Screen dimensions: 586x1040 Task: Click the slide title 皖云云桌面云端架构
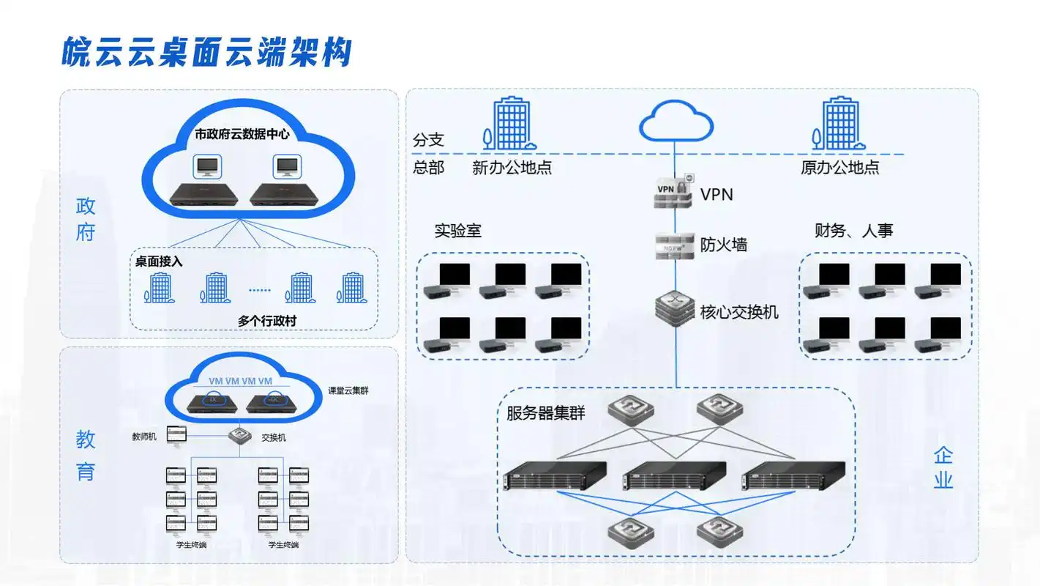(x=207, y=53)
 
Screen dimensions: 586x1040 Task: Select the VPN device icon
(x=672, y=193)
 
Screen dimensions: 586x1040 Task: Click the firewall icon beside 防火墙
(x=674, y=245)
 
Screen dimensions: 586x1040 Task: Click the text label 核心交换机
(x=738, y=313)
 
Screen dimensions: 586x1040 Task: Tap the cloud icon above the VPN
(x=676, y=121)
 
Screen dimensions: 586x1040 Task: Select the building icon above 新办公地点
(x=509, y=125)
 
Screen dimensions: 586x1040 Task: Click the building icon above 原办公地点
(x=839, y=125)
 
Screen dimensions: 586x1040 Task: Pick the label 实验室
(x=457, y=231)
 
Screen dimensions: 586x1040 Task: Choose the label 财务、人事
(x=853, y=231)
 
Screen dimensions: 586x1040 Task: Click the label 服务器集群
(x=545, y=413)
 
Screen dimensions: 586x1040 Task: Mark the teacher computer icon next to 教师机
(x=176, y=435)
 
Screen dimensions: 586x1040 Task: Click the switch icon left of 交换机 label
(x=238, y=436)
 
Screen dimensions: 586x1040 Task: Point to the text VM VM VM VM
(x=240, y=381)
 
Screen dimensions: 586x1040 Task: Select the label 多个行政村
(x=267, y=321)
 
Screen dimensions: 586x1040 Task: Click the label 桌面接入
(x=159, y=262)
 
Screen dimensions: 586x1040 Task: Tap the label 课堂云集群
(x=348, y=390)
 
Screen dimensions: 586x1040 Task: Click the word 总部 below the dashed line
(x=428, y=167)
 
